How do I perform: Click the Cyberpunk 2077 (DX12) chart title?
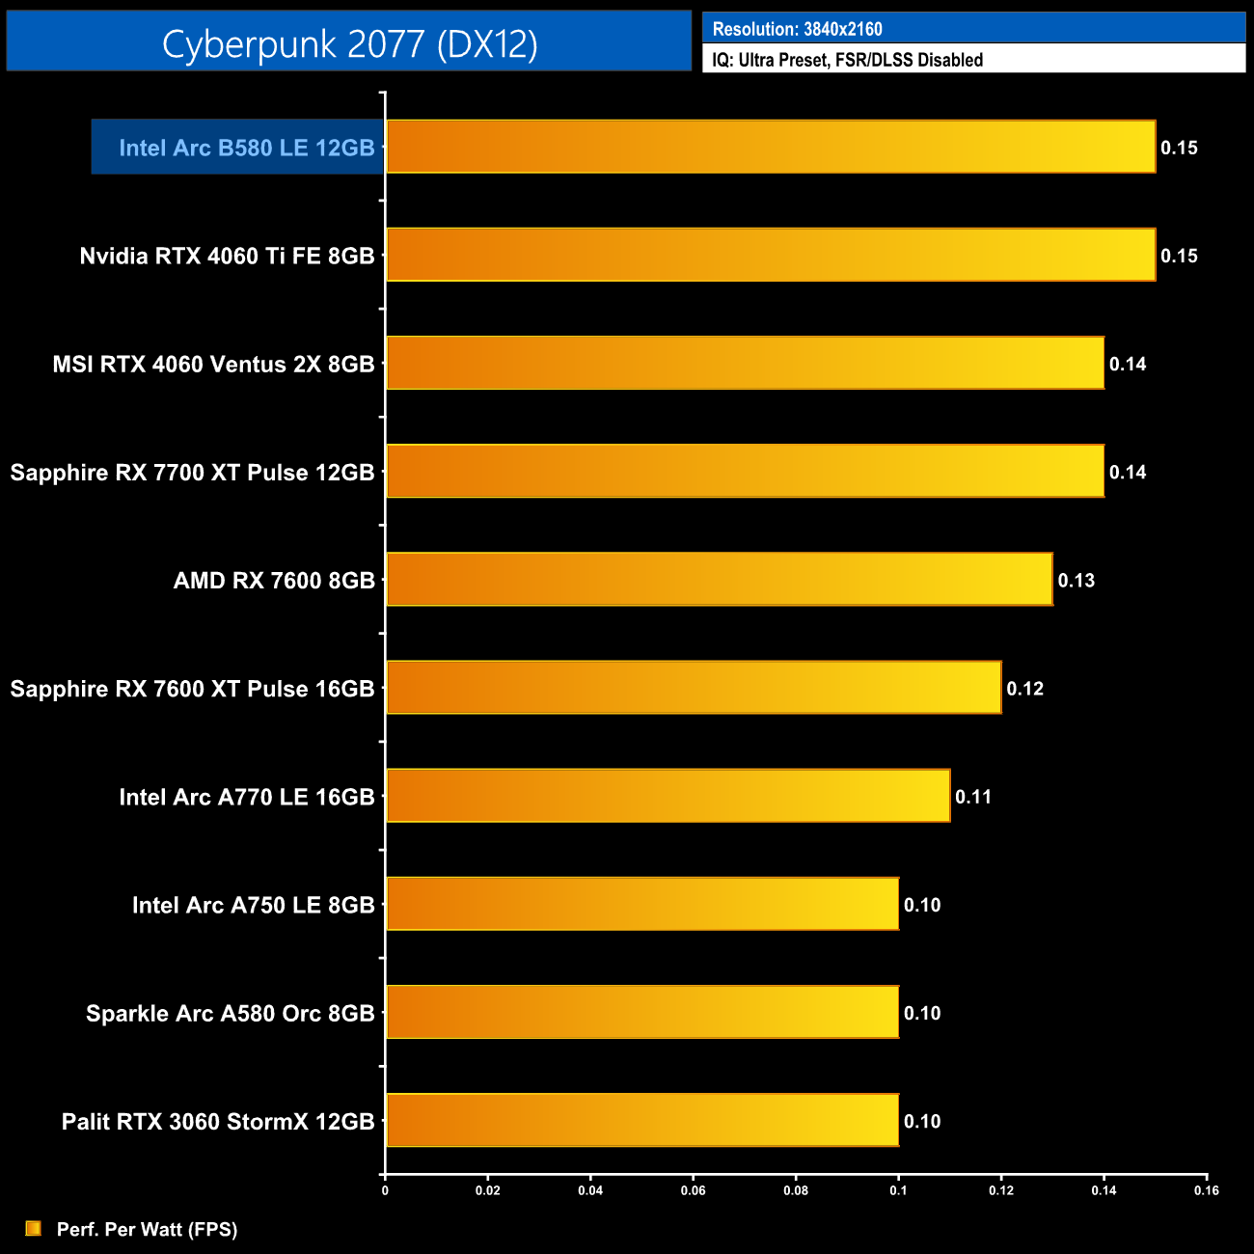[x=349, y=43]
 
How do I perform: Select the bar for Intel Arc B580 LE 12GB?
[x=771, y=147]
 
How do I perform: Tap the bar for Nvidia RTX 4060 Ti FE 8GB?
[x=771, y=255]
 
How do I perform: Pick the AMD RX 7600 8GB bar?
[x=719, y=580]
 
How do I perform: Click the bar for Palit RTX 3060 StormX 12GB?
[x=642, y=1120]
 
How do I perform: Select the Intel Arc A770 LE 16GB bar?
[x=668, y=796]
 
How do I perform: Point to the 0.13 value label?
[x=1076, y=581]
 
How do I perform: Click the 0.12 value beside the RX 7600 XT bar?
[x=1024, y=689]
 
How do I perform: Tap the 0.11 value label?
[x=972, y=797]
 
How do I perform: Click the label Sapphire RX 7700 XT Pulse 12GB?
[x=192, y=473]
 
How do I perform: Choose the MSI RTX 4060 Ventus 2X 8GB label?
[x=213, y=365]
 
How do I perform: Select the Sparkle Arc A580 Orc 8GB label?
[x=230, y=1014]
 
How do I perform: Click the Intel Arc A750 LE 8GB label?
[x=253, y=906]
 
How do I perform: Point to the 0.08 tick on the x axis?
[x=796, y=1190]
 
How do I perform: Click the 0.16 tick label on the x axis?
[x=1206, y=1190]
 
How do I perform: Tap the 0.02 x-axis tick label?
[x=488, y=1190]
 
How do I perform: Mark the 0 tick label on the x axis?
[x=385, y=1190]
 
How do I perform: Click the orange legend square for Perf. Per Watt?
[x=34, y=1228]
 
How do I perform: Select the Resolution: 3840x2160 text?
[x=797, y=29]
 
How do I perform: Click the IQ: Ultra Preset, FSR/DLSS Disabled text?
[x=847, y=60]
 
